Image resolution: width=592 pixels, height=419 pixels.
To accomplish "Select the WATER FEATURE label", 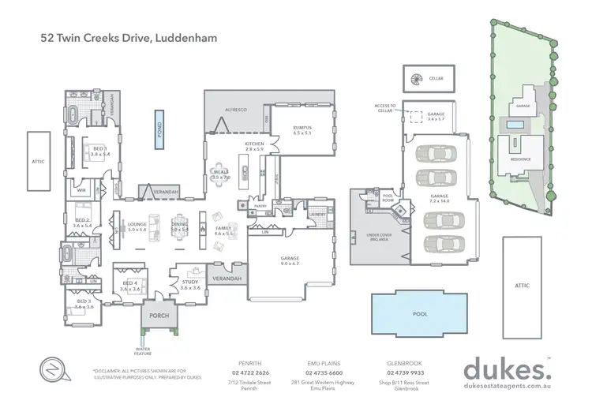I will coord(143,350).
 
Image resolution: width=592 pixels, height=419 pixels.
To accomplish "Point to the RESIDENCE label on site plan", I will coord(521,159).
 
